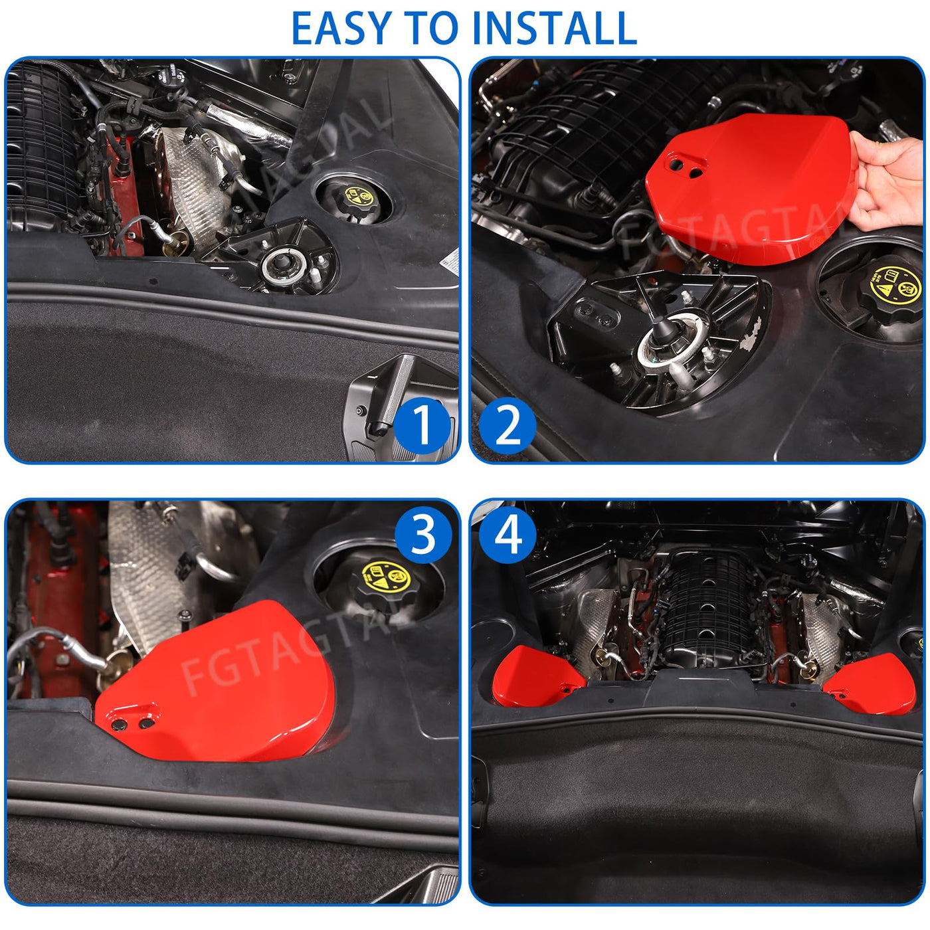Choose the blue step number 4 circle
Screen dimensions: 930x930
coord(508,535)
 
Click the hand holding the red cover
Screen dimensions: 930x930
coord(888,181)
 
